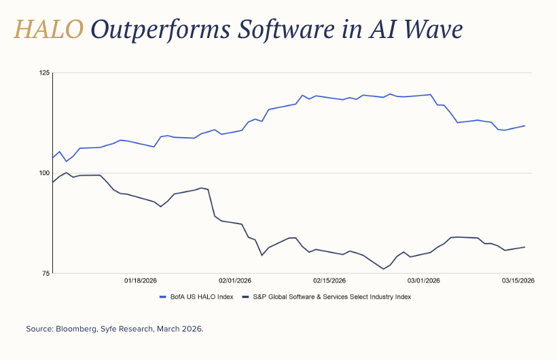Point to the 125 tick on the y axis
pyautogui.click(x=45, y=72)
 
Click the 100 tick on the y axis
pyautogui.click(x=45, y=173)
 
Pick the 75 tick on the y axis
pyautogui.click(x=46, y=274)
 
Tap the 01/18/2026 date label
pyautogui.click(x=141, y=281)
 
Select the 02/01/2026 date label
pyautogui.click(x=235, y=281)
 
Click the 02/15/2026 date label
pyautogui.click(x=329, y=281)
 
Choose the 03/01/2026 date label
pyautogui.click(x=424, y=281)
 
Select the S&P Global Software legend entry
pyautogui.click(x=331, y=297)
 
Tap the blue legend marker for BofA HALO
pyautogui.click(x=163, y=297)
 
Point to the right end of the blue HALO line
pyautogui.click(x=524, y=126)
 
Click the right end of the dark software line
pyautogui.click(x=524, y=247)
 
